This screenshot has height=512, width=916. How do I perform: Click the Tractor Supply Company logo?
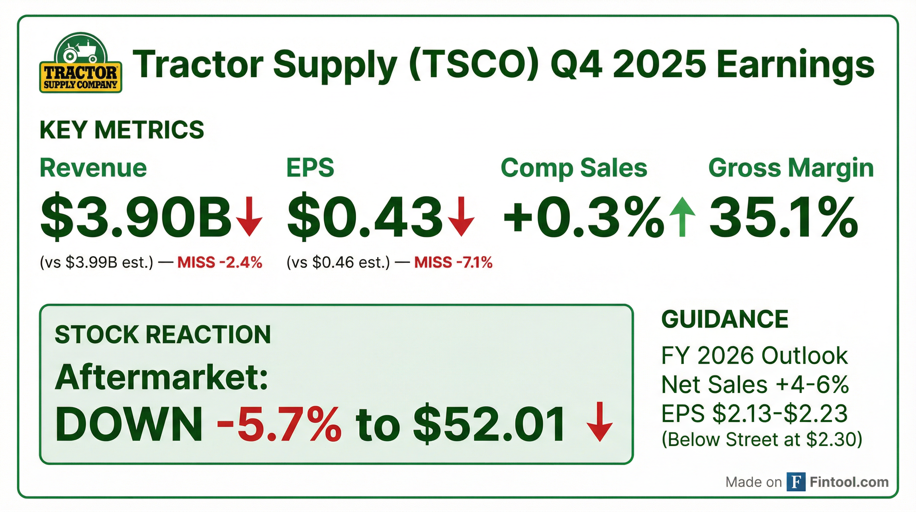[x=81, y=63]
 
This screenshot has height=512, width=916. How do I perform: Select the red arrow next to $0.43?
[x=461, y=216]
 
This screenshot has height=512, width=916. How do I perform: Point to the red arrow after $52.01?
[x=600, y=422]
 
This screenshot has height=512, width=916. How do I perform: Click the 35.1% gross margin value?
[x=784, y=217]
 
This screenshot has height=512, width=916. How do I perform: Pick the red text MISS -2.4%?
[x=220, y=263]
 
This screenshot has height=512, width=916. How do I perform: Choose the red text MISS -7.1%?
[x=453, y=263]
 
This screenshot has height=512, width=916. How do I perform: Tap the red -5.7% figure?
[x=280, y=425]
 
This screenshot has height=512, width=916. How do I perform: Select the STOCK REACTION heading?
[x=163, y=335]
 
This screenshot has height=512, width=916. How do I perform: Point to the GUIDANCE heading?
[x=725, y=319]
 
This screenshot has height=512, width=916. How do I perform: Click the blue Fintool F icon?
[x=796, y=482]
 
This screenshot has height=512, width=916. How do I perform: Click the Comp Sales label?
[x=574, y=168]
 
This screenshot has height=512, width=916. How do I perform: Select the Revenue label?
[x=93, y=168]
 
